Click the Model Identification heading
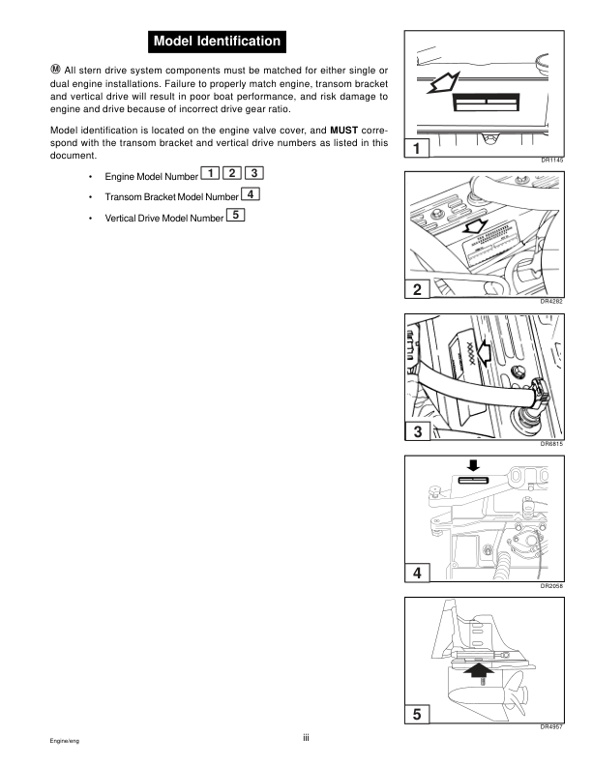[217, 42]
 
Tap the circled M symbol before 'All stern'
[55, 69]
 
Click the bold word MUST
[343, 131]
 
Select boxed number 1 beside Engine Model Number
[210, 173]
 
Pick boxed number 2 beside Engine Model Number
[232, 173]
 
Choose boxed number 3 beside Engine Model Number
[254, 173]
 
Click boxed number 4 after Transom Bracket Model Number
[251, 194]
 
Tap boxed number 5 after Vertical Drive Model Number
[235, 215]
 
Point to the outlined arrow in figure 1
[443, 82]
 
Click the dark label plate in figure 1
[486, 102]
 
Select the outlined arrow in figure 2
[475, 226]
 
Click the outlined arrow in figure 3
[484, 353]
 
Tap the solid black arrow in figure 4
[473, 464]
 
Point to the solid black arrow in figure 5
[479, 676]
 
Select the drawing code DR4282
[551, 302]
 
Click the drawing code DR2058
[551, 586]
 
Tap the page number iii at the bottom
[306, 738]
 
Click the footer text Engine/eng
[65, 741]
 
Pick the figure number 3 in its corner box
[418, 432]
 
